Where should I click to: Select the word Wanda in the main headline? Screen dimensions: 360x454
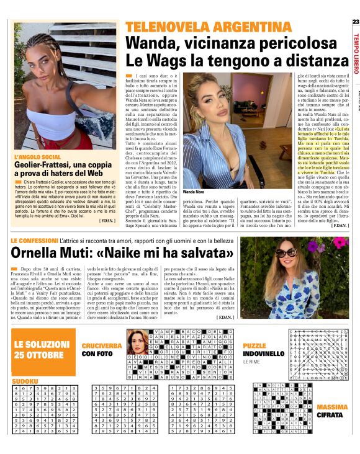152,43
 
